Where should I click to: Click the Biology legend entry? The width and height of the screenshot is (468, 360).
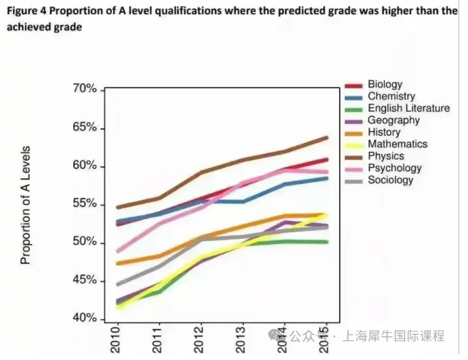(385, 85)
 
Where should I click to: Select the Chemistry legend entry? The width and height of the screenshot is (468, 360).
(391, 97)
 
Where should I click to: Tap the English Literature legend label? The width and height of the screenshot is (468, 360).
(408, 108)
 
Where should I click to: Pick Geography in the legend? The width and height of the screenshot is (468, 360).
(393, 121)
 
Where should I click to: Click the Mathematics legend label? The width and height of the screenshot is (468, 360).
(398, 144)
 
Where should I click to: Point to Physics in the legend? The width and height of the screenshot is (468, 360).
(385, 156)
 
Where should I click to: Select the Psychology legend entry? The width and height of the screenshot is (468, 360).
(394, 168)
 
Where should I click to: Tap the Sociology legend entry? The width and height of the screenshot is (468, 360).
(390, 180)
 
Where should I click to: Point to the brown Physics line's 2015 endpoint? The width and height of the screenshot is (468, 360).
(327, 138)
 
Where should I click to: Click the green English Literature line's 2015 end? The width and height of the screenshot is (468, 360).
(327, 241)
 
